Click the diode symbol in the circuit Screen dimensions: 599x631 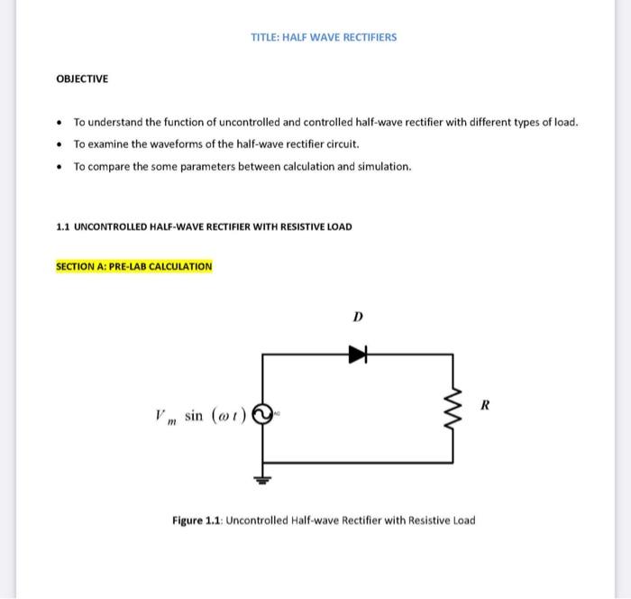[x=359, y=355]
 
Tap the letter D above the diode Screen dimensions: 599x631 [x=358, y=318]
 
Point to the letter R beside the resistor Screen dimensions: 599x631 [x=485, y=404]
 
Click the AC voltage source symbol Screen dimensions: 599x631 [x=261, y=415]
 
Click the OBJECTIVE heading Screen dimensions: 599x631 [x=82, y=79]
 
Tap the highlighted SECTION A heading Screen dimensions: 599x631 [x=134, y=266]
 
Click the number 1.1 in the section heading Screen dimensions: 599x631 [x=62, y=226]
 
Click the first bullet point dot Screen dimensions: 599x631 [x=59, y=122]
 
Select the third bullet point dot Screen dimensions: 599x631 [x=59, y=167]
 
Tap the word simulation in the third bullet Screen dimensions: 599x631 [x=385, y=167]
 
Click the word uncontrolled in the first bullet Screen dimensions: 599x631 [x=239, y=122]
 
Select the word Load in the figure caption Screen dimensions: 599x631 [x=460, y=521]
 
